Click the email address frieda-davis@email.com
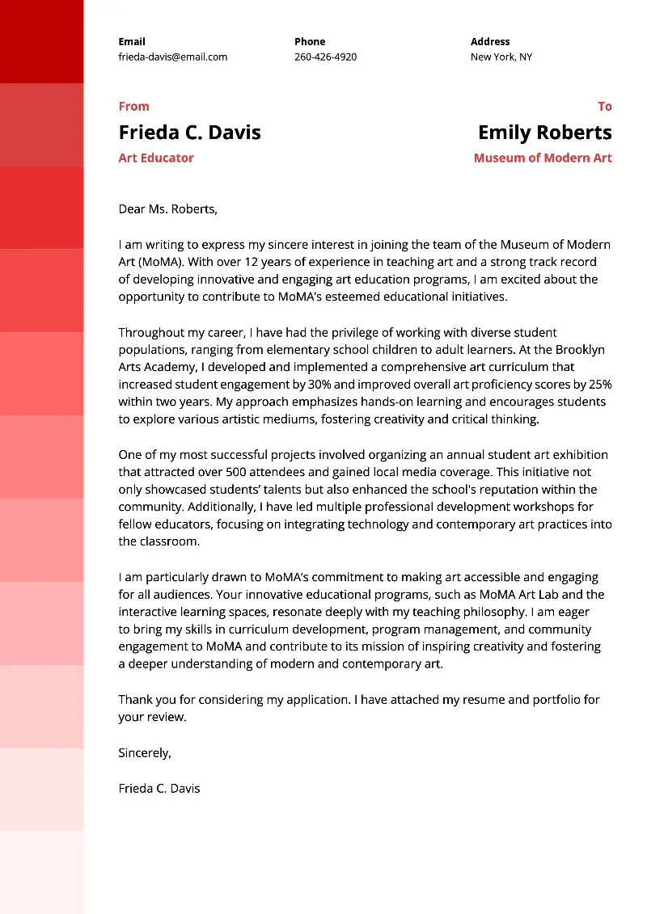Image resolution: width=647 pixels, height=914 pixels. pos(172,57)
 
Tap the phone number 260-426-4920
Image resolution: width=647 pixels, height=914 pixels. pos(325,57)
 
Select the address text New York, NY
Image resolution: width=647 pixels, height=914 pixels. pos(501,57)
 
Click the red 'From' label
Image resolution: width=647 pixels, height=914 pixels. pos(133,106)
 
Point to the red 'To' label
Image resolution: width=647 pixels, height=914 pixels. pos(604,106)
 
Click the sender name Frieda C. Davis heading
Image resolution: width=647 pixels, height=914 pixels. pos(189,132)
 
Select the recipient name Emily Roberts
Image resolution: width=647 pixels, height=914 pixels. pos(544,132)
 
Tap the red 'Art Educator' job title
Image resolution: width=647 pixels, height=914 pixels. pos(156,158)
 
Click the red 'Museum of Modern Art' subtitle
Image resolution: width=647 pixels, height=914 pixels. pos(543,158)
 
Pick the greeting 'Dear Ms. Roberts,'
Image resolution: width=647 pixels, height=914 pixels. pos(167,208)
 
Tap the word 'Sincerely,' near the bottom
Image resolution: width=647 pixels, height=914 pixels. pos(145,752)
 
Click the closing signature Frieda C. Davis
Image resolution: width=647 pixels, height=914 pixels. pos(159,788)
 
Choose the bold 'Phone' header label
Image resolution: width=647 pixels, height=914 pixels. pos(310,41)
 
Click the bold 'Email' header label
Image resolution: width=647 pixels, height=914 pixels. pos(132,41)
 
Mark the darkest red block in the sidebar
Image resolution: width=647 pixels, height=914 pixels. pos(41,40)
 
